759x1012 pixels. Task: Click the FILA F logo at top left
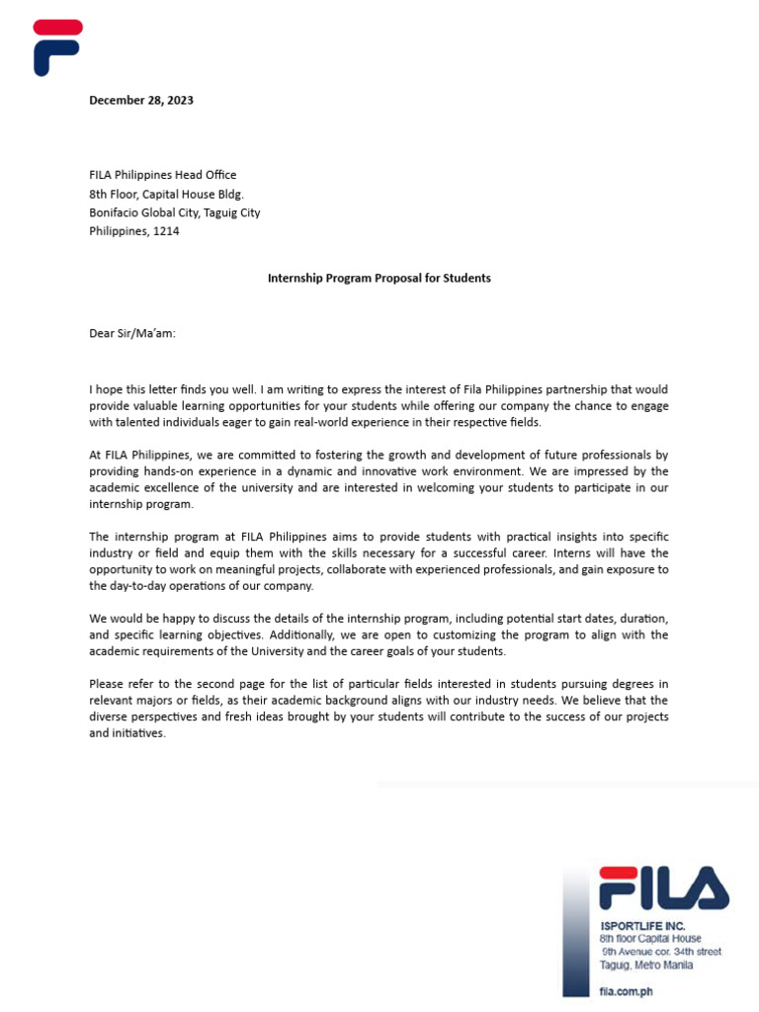click(56, 46)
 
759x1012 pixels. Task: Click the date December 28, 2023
click(141, 100)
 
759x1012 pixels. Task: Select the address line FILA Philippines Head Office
click(163, 175)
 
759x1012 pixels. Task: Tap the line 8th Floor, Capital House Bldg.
click(166, 194)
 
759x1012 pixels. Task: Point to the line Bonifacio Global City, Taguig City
click(175, 212)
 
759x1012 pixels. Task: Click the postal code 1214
click(167, 231)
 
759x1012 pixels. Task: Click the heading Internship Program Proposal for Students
click(379, 278)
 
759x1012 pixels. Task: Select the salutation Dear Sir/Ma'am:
click(132, 333)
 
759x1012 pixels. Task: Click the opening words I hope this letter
click(134, 390)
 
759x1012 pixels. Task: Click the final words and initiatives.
click(126, 734)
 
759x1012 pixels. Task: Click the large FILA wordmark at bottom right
click(663, 887)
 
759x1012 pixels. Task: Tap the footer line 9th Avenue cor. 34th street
click(661, 952)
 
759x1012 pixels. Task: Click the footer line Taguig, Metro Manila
click(645, 966)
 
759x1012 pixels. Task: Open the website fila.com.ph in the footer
click(626, 990)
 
